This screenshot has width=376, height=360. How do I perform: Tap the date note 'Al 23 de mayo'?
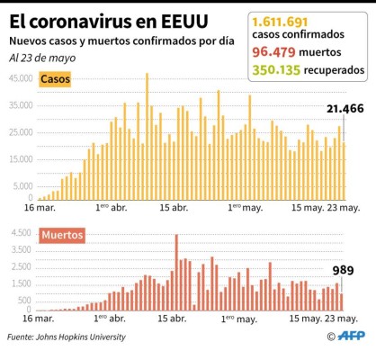42,58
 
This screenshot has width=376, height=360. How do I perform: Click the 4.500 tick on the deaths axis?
20,232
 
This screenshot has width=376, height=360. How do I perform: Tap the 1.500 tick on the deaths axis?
20,283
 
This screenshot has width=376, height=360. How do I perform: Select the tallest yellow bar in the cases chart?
148,135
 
